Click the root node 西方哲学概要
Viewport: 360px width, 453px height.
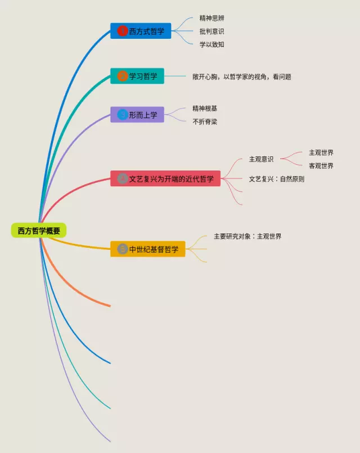(39, 230)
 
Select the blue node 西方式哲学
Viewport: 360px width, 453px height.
(141, 31)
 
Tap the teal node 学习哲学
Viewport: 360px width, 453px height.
(137, 76)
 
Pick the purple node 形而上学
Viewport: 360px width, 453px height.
(137, 115)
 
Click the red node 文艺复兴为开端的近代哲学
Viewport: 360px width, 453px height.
(165, 179)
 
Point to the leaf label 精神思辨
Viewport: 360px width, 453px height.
(212, 19)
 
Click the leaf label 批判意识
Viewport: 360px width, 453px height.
(212, 32)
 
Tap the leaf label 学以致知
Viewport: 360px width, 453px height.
(212, 44)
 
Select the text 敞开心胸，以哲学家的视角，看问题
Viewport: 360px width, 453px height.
(242, 77)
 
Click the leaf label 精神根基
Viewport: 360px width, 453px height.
(205, 108)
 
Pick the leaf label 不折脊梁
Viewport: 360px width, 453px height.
(205, 122)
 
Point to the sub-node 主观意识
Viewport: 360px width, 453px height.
(262, 159)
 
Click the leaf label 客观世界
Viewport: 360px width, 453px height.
(321, 166)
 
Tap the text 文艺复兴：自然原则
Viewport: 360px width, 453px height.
(277, 179)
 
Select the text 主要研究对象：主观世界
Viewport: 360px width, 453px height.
(247, 236)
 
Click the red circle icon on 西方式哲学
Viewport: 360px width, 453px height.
(122, 31)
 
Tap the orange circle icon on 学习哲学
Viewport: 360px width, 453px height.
(122, 76)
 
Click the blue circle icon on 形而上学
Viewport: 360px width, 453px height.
(122, 115)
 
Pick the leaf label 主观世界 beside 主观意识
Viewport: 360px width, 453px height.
(321, 153)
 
